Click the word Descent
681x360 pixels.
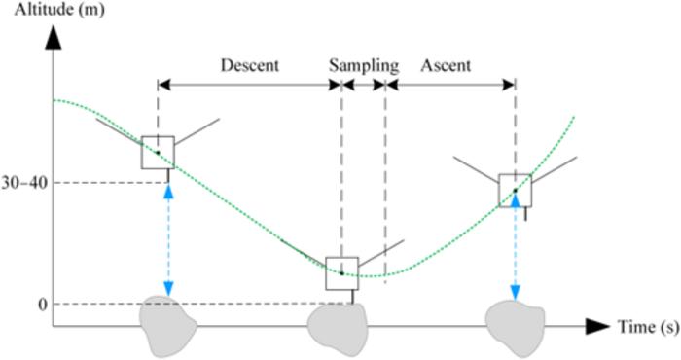(250, 66)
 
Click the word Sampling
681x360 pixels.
(363, 66)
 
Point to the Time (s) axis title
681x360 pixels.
(646, 327)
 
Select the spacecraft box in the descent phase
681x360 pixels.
(158, 153)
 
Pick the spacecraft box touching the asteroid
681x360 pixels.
(341, 273)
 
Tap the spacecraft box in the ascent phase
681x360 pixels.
(515, 191)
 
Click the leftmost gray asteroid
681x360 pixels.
(169, 323)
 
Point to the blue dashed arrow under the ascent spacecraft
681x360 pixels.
(515, 248)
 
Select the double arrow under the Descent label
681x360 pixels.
(250, 85)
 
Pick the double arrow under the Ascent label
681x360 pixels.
(449, 85)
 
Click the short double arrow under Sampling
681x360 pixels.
(364, 85)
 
